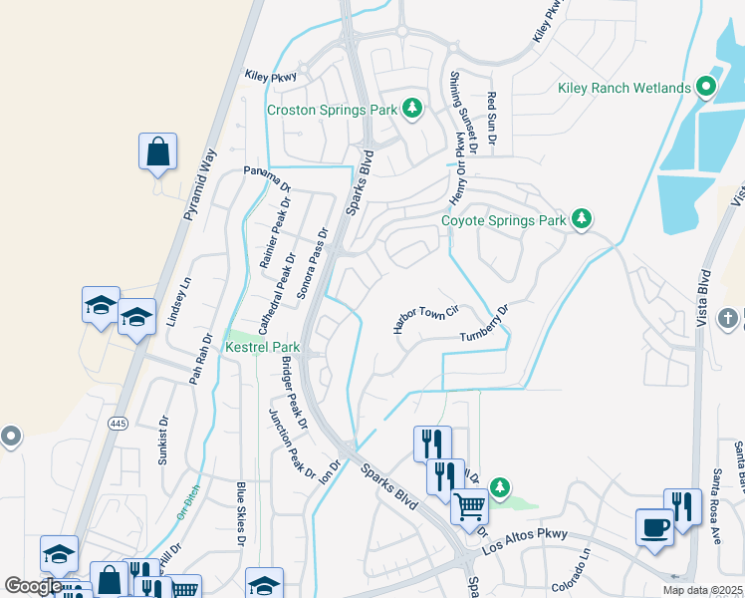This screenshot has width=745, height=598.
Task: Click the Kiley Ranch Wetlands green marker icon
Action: [707, 88]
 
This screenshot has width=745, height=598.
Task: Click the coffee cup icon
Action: [654, 526]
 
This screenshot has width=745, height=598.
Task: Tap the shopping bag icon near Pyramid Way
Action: [157, 152]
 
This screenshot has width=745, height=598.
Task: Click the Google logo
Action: [33, 586]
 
